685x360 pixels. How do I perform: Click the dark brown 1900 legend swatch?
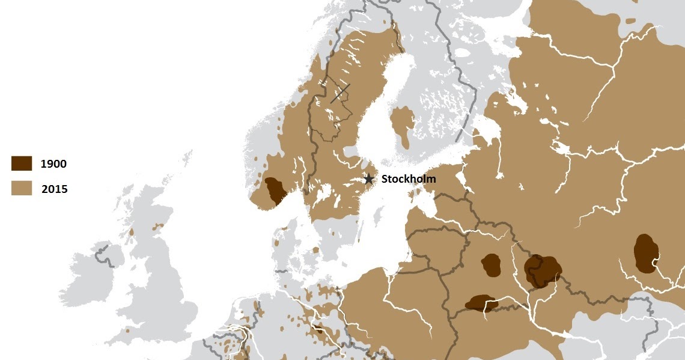22,163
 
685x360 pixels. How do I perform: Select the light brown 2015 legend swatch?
22,188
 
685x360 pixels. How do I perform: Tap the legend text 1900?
53,163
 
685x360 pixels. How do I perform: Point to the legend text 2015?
54,189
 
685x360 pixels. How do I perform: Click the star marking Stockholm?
369,179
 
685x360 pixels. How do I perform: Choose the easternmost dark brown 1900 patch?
645,253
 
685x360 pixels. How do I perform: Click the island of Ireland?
96,276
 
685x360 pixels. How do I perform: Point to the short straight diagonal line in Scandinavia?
339,94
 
